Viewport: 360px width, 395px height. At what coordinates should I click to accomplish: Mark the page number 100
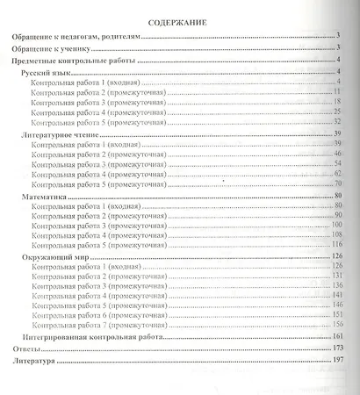pos(335,224)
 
